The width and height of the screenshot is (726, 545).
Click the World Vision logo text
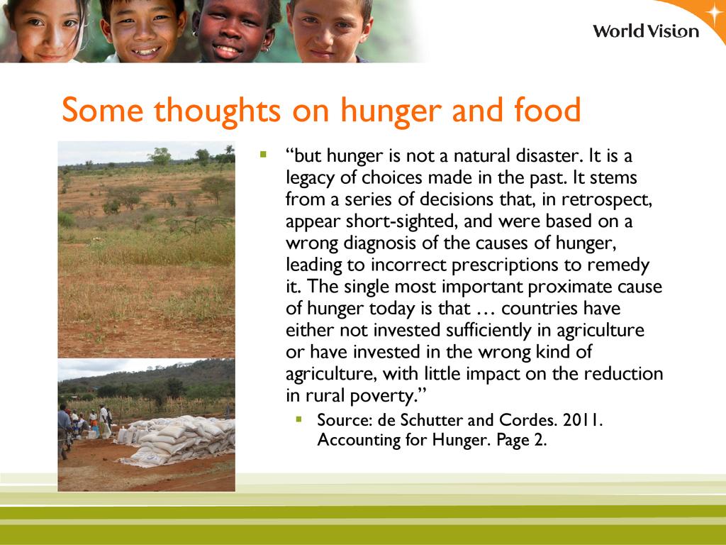point(646,31)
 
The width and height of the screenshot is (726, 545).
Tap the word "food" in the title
point(548,109)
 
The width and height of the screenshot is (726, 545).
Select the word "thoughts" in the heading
point(217,111)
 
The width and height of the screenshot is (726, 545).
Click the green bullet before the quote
point(264,154)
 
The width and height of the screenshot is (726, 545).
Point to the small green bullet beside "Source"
point(298,419)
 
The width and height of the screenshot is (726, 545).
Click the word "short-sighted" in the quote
point(402,221)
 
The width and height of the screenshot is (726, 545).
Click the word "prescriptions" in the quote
point(505,265)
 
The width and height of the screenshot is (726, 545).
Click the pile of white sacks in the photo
point(178,440)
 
